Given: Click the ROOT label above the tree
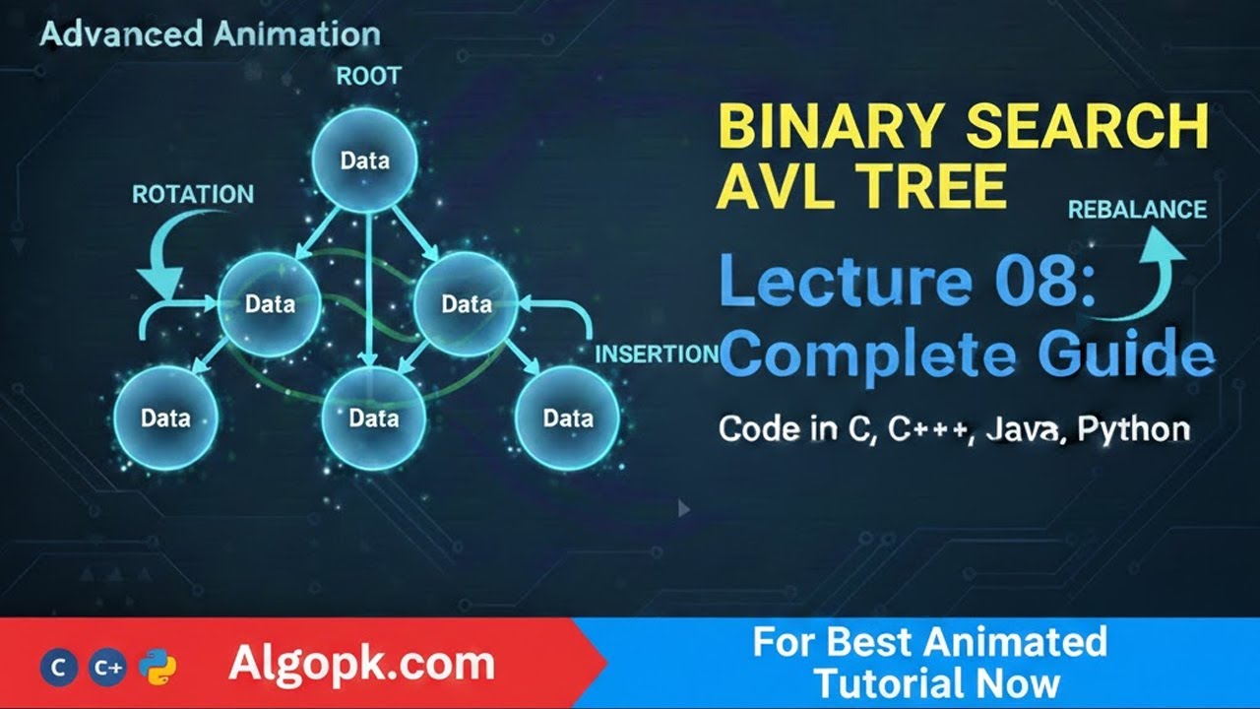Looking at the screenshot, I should click(x=368, y=76).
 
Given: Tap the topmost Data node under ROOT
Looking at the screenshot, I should click(x=364, y=161).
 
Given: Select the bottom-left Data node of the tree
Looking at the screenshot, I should click(x=165, y=418).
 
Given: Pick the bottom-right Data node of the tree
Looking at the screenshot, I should click(x=568, y=418).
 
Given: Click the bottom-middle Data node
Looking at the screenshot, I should click(x=373, y=418).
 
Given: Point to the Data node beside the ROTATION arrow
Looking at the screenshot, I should click(x=270, y=303).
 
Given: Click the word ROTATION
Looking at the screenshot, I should click(x=193, y=194).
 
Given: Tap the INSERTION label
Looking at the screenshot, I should click(x=658, y=354).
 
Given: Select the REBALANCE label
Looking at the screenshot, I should click(x=1137, y=210).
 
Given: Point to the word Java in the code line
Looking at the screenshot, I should click(x=1024, y=429).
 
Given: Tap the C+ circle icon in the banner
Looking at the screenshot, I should click(x=107, y=668).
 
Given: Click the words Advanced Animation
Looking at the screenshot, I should click(x=210, y=35).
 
